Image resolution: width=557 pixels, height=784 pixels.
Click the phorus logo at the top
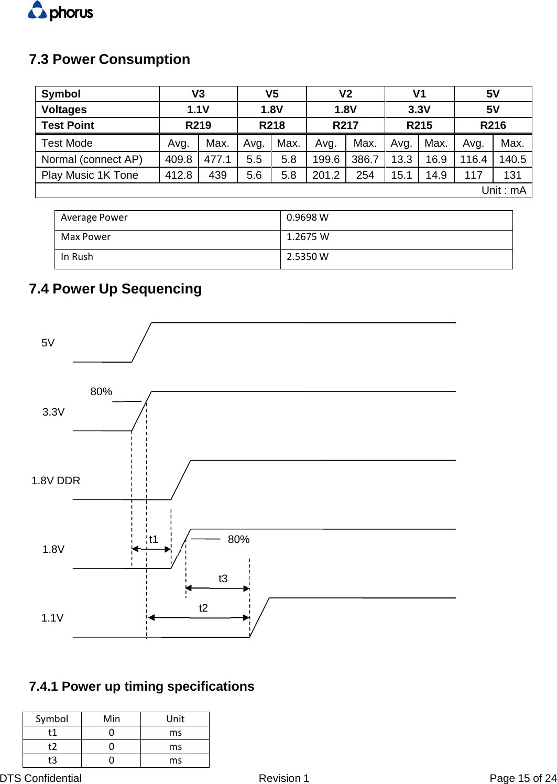[60, 11]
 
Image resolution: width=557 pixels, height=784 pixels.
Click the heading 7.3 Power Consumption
[110, 59]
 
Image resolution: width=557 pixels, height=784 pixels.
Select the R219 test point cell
[198, 125]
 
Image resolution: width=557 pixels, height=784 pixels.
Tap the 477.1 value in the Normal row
[217, 159]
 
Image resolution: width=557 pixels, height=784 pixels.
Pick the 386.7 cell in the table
[365, 159]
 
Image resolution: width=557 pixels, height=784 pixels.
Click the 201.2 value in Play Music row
[326, 175]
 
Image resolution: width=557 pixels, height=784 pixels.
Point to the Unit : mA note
[503, 190]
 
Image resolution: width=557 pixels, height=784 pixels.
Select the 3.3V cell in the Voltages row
[419, 110]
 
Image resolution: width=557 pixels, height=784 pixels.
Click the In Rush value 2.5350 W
[308, 257]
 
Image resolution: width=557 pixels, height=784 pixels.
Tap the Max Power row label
[86, 237]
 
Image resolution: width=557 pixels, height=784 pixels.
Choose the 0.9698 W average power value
[308, 217]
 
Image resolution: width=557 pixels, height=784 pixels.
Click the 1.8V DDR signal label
[56, 481]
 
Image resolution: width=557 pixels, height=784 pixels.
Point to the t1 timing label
[154, 539]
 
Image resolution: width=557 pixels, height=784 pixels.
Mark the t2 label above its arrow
[203, 608]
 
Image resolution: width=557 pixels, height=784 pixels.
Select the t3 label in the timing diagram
[223, 579]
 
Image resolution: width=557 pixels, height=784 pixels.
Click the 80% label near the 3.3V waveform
[101, 391]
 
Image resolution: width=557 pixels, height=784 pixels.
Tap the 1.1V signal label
[52, 618]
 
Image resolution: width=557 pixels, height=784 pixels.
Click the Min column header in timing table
[111, 719]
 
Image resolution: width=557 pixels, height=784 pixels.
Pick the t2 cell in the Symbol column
[52, 746]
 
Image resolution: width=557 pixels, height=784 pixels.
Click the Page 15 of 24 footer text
[522, 778]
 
